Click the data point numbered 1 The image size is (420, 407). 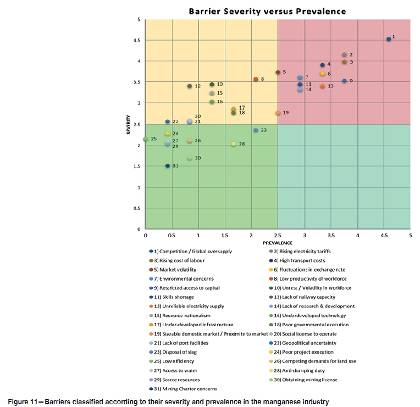point(389,39)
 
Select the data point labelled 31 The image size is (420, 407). point(168,166)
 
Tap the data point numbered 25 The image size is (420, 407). point(146,139)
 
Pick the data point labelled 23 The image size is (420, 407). point(256,130)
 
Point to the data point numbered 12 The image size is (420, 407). point(190,86)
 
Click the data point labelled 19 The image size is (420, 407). point(278,113)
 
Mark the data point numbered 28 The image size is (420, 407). point(234,144)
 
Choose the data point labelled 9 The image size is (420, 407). point(344,81)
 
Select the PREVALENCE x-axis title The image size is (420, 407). point(278,242)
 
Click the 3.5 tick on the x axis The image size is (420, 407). point(331,235)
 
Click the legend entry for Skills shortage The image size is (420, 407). point(177,297)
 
